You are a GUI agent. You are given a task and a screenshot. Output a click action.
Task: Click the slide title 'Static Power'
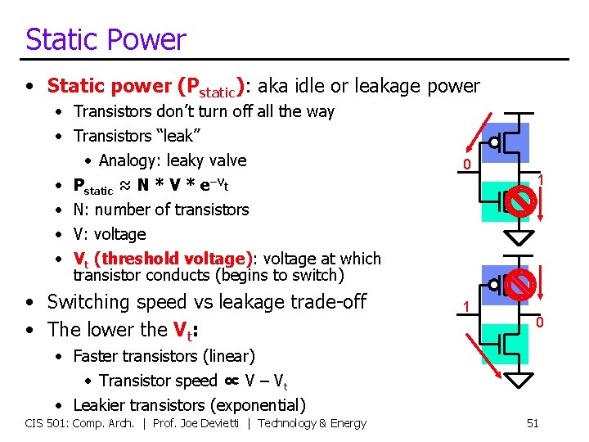point(106,39)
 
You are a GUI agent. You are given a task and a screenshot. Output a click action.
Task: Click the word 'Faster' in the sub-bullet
point(98,356)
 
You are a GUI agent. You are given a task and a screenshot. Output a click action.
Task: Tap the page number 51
point(533,423)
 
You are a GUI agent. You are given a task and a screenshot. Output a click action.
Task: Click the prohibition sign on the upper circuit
point(521,199)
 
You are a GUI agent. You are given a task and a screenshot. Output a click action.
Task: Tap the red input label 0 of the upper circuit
point(466,166)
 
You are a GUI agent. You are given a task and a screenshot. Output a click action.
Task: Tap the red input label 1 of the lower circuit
point(465,306)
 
